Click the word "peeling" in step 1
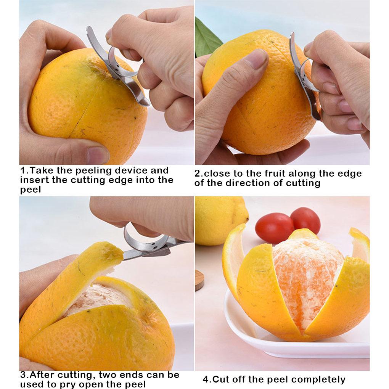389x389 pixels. click(x=93, y=171)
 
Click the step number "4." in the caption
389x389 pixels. click(x=207, y=379)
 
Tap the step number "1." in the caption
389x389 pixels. click(x=24, y=170)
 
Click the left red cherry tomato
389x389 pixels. click(x=274, y=228)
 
